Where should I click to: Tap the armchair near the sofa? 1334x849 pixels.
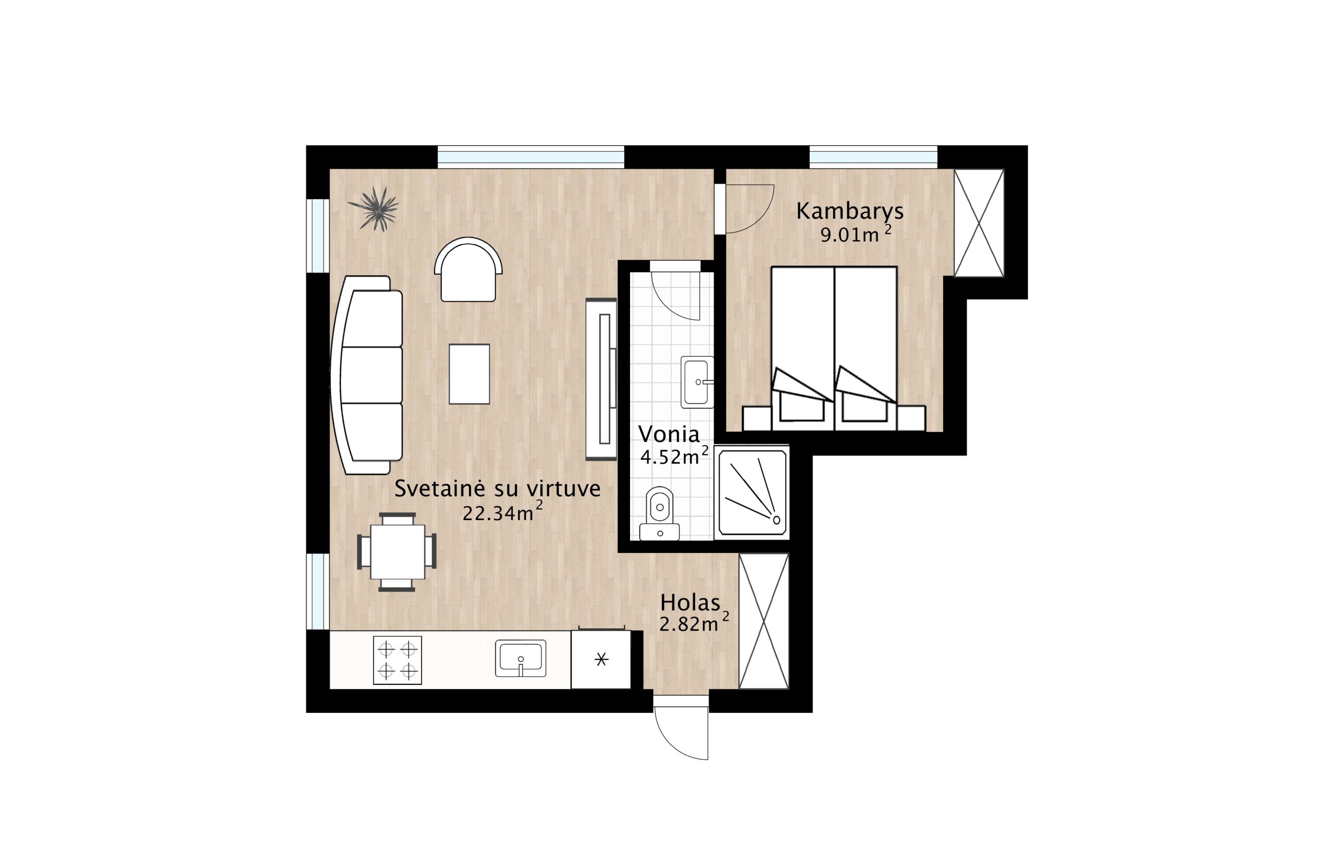(468, 270)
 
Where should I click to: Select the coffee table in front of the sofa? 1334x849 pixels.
(469, 374)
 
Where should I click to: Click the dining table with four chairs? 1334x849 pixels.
(397, 552)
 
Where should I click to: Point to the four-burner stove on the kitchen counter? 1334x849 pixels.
(397, 660)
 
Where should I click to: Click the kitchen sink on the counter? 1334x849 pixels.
(520, 658)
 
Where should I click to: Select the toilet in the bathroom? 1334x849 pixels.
(659, 513)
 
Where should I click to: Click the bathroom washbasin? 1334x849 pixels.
(697, 382)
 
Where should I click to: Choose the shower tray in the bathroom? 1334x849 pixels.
(752, 493)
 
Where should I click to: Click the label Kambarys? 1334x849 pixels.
(850, 211)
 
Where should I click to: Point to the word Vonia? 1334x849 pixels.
(669, 434)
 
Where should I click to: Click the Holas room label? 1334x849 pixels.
(690, 602)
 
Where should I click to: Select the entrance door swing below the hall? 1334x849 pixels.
(681, 727)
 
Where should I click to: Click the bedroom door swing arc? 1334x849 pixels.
(749, 209)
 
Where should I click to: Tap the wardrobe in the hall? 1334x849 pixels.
(763, 621)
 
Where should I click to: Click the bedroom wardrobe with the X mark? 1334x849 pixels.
(978, 223)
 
